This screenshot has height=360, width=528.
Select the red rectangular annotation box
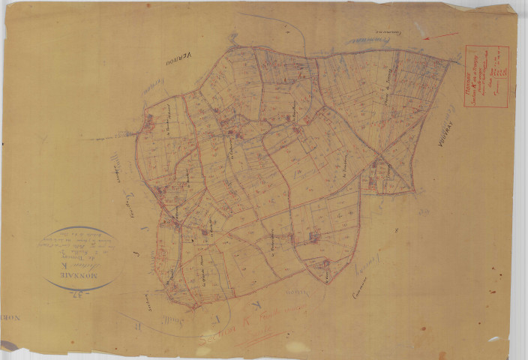pos(487,75)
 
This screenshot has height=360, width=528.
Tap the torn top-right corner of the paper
pos(512,9)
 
